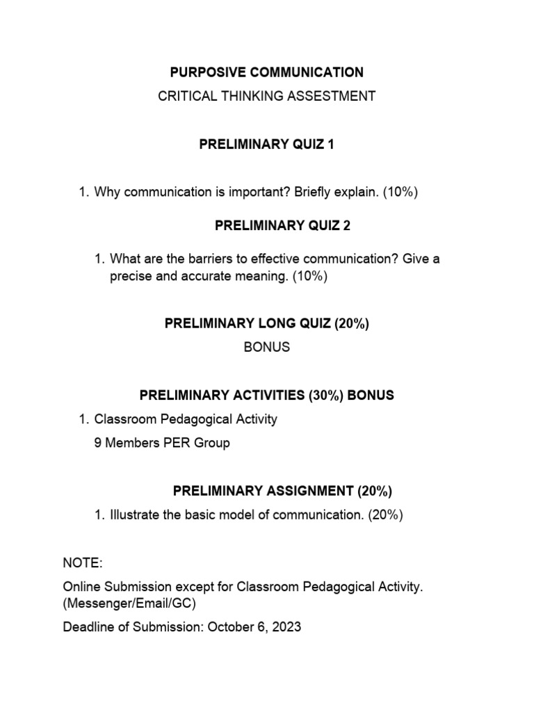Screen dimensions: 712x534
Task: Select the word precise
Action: [130, 276]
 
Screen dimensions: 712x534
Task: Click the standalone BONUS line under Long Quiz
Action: [267, 347]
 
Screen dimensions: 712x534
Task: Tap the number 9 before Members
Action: [98, 443]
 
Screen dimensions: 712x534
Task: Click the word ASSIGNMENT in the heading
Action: [311, 491]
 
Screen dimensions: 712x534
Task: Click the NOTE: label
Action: [82, 563]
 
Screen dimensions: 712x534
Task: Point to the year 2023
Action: [287, 626]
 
